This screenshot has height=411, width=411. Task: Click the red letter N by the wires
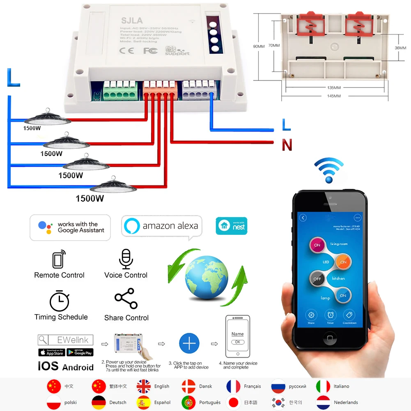(287, 145)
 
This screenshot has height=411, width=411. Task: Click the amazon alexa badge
(162, 226)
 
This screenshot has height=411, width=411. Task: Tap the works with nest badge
(232, 225)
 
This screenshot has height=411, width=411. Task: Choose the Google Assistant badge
(70, 227)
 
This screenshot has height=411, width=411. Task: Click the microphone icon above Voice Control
(125, 259)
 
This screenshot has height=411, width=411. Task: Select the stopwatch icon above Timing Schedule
(60, 301)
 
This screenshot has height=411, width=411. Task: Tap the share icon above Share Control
(126, 299)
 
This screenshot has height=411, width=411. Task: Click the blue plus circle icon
(189, 344)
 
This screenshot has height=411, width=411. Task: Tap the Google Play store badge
(80, 352)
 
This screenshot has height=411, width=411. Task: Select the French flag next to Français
(233, 386)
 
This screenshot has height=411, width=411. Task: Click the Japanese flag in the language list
(233, 402)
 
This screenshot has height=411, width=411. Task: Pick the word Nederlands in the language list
(346, 402)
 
